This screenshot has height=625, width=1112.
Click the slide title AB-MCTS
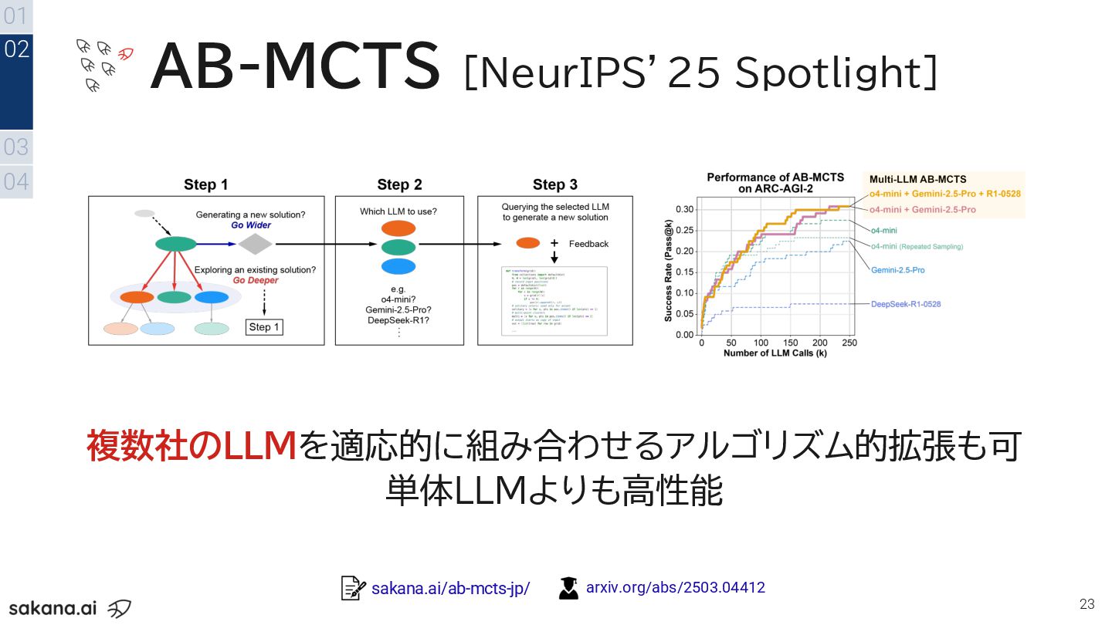point(295,67)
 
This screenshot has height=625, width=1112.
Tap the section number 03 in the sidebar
point(16,147)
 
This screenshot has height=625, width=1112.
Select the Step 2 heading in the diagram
point(399,184)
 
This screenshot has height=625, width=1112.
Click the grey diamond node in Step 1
point(255,244)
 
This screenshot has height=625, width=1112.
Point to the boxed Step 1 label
point(264,327)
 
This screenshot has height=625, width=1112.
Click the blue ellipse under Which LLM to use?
point(398,266)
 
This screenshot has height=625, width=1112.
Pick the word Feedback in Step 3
point(588,244)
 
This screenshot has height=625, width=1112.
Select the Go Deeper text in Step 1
point(256,281)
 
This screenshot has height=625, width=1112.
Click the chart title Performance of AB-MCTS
point(775,177)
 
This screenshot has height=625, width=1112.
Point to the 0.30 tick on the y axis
point(684,209)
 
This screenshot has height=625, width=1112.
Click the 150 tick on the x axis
point(790,343)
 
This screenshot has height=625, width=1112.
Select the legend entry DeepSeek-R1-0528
point(906,304)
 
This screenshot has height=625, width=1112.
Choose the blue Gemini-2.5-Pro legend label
point(897,270)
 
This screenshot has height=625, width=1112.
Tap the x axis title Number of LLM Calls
point(775,353)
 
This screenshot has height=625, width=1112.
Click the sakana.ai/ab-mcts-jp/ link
point(450,589)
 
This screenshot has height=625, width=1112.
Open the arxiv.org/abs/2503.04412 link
point(676,588)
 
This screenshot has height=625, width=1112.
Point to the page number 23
point(1087,603)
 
